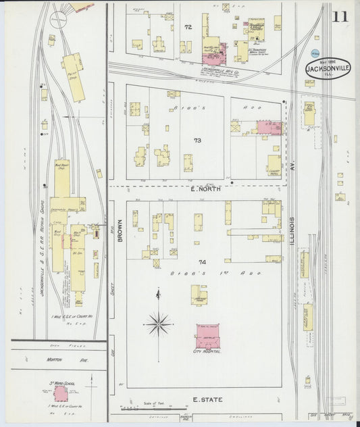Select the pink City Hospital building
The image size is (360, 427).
tap(208, 336)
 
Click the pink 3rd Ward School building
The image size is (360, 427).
tap(61, 393)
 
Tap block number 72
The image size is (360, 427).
tap(188, 27)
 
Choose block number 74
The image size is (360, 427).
tap(201, 261)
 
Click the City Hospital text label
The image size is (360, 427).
tap(207, 352)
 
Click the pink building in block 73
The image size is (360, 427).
tap(269, 127)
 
